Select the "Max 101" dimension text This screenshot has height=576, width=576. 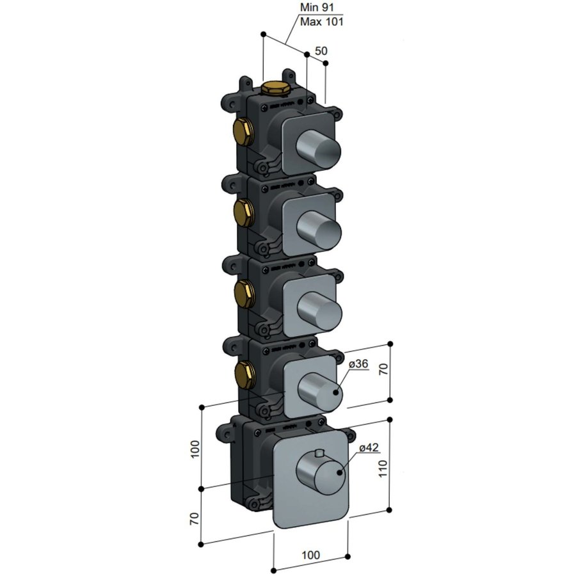tap(321, 22)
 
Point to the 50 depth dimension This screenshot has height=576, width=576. tap(321, 50)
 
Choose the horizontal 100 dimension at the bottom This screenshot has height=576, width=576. tap(310, 555)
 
